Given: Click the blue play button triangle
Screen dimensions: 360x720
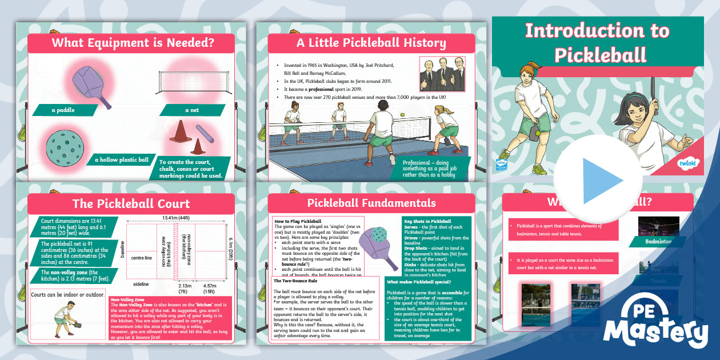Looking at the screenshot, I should pos(601,180).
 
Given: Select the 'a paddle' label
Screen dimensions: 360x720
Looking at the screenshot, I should pos(63,110).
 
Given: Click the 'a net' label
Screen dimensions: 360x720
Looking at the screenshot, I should pos(191,110).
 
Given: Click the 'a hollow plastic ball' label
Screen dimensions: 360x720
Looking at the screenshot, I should pos(121,160).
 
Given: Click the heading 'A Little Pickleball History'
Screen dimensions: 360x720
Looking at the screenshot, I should pos(371,43).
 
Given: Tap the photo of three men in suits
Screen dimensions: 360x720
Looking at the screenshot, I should pos(442,74).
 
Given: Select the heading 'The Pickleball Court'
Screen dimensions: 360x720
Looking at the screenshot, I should pos(131,203).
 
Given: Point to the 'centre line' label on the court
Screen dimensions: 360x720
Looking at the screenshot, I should pos(141,258).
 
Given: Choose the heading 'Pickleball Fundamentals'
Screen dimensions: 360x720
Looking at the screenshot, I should pos(371,203).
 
